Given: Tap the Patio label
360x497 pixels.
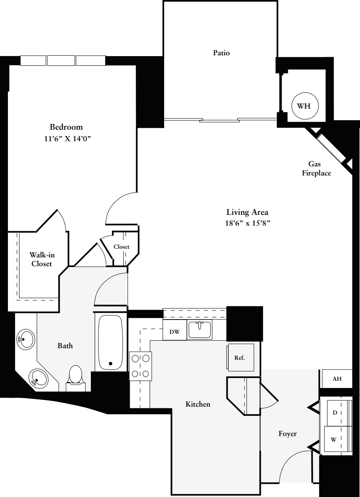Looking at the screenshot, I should point(221,53).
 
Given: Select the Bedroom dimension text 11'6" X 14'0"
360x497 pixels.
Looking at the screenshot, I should point(66,139).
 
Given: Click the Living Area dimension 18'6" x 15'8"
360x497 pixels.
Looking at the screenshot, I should point(247,223).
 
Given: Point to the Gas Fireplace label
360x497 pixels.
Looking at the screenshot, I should point(316,168).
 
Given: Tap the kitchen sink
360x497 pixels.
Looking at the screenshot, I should point(200,330).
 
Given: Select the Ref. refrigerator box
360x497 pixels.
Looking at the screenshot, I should point(240,357).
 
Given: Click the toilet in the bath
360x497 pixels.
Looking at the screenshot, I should point(75,376).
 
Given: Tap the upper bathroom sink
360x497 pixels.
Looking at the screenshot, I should point(25,339).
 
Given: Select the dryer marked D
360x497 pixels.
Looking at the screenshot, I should point(338,413).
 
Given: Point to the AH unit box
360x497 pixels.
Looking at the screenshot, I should point(337,379).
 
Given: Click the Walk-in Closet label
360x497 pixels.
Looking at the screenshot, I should point(42,259).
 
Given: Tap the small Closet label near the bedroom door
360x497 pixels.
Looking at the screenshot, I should point(121,247).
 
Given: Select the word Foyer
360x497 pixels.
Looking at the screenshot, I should point(287,434).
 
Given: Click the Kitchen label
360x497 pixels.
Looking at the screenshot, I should point(198,404).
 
